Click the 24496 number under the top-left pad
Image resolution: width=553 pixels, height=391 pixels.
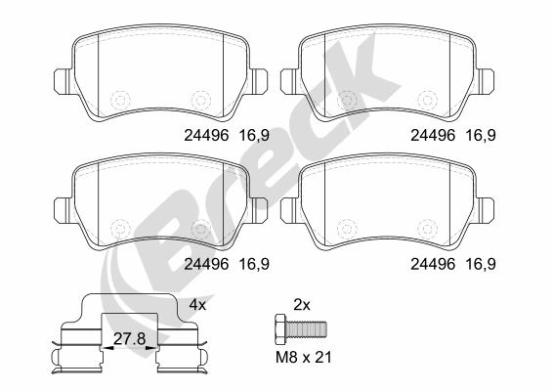[x=206, y=135]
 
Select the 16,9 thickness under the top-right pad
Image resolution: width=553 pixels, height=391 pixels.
[x=481, y=135]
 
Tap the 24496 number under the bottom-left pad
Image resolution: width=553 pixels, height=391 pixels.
[x=206, y=264]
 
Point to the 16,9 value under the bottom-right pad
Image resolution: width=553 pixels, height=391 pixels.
[x=481, y=264]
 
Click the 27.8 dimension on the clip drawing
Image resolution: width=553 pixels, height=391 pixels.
[x=129, y=339]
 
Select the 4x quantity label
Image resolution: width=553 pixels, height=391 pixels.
[x=197, y=305]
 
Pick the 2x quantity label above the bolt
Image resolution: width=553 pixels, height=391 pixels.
[x=302, y=305]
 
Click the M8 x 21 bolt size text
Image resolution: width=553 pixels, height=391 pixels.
[x=304, y=358]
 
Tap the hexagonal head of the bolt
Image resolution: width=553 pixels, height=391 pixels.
[x=280, y=328]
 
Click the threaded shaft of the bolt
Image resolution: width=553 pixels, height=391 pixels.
[x=307, y=328]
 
